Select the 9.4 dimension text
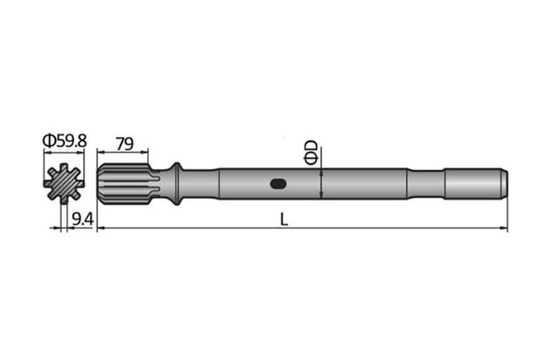(x=82, y=218)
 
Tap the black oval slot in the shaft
(x=278, y=184)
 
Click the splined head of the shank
(x=118, y=185)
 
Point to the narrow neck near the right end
(x=427, y=184)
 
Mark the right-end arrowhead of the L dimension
(x=505, y=229)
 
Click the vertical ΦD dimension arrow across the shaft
(x=323, y=184)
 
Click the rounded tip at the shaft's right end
(x=504, y=184)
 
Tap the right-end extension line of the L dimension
(x=508, y=215)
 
